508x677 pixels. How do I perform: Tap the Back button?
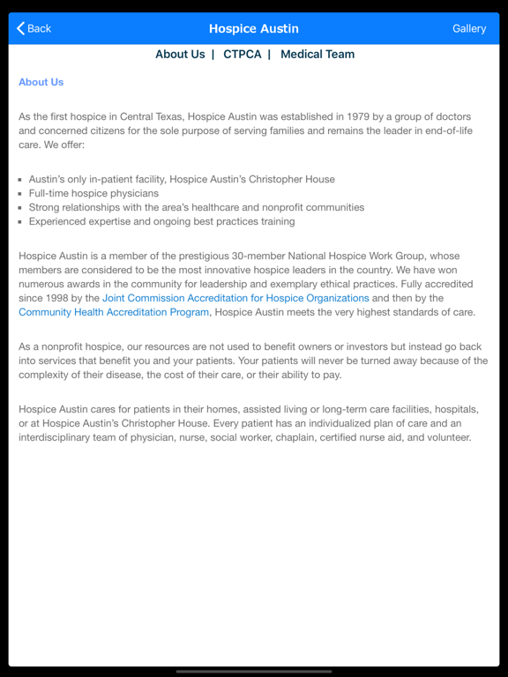[34, 28]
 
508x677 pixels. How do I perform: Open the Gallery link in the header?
[469, 28]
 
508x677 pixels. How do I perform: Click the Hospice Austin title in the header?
[254, 28]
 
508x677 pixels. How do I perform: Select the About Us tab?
[180, 54]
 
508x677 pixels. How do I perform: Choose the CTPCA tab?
[243, 54]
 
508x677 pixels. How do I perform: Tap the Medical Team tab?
[317, 54]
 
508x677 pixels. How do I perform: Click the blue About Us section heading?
[41, 82]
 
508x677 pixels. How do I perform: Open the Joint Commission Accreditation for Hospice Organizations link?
[235, 298]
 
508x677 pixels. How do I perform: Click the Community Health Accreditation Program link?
[114, 312]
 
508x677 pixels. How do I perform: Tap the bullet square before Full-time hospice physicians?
[20, 193]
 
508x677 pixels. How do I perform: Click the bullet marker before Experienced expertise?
[20, 221]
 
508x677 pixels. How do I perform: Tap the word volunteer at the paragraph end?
[444, 437]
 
